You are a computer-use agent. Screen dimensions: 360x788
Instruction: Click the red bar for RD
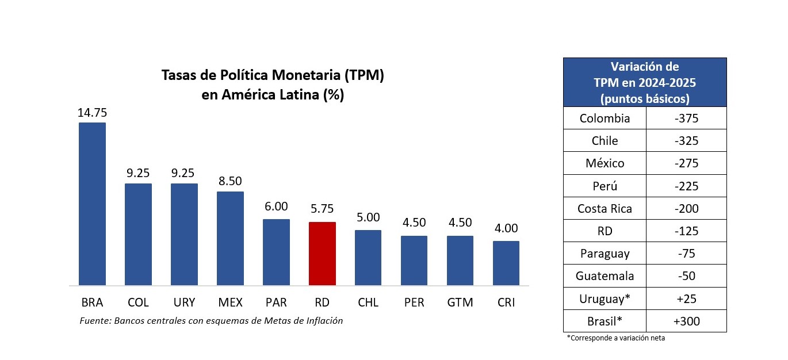(322, 253)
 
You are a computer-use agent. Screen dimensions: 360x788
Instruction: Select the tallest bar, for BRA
(92, 204)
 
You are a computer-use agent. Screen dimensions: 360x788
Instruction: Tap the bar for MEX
(230, 238)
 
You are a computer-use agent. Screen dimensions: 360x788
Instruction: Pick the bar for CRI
(506, 263)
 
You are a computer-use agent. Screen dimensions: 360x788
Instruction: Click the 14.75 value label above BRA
(92, 113)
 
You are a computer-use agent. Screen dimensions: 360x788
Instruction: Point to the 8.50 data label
(230, 182)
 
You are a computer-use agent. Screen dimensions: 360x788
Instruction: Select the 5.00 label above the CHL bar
(368, 217)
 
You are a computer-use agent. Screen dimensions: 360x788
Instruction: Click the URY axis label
(184, 302)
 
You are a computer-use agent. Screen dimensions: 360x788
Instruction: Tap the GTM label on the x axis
(460, 302)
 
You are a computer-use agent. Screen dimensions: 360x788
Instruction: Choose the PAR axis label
(276, 302)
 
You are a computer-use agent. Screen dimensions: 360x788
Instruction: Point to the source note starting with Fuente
(211, 321)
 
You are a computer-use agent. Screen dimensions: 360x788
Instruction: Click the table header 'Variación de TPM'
(644, 82)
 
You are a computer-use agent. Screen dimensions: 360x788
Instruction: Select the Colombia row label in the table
(605, 118)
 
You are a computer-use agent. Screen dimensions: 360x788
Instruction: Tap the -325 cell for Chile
(686, 141)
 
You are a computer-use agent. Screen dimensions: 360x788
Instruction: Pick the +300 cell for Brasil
(686, 321)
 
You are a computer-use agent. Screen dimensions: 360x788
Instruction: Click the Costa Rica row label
(605, 209)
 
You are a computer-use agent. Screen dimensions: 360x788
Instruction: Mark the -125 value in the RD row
(686, 231)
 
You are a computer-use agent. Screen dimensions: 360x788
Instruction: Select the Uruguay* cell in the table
(605, 298)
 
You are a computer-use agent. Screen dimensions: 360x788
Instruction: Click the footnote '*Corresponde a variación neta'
(615, 338)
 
